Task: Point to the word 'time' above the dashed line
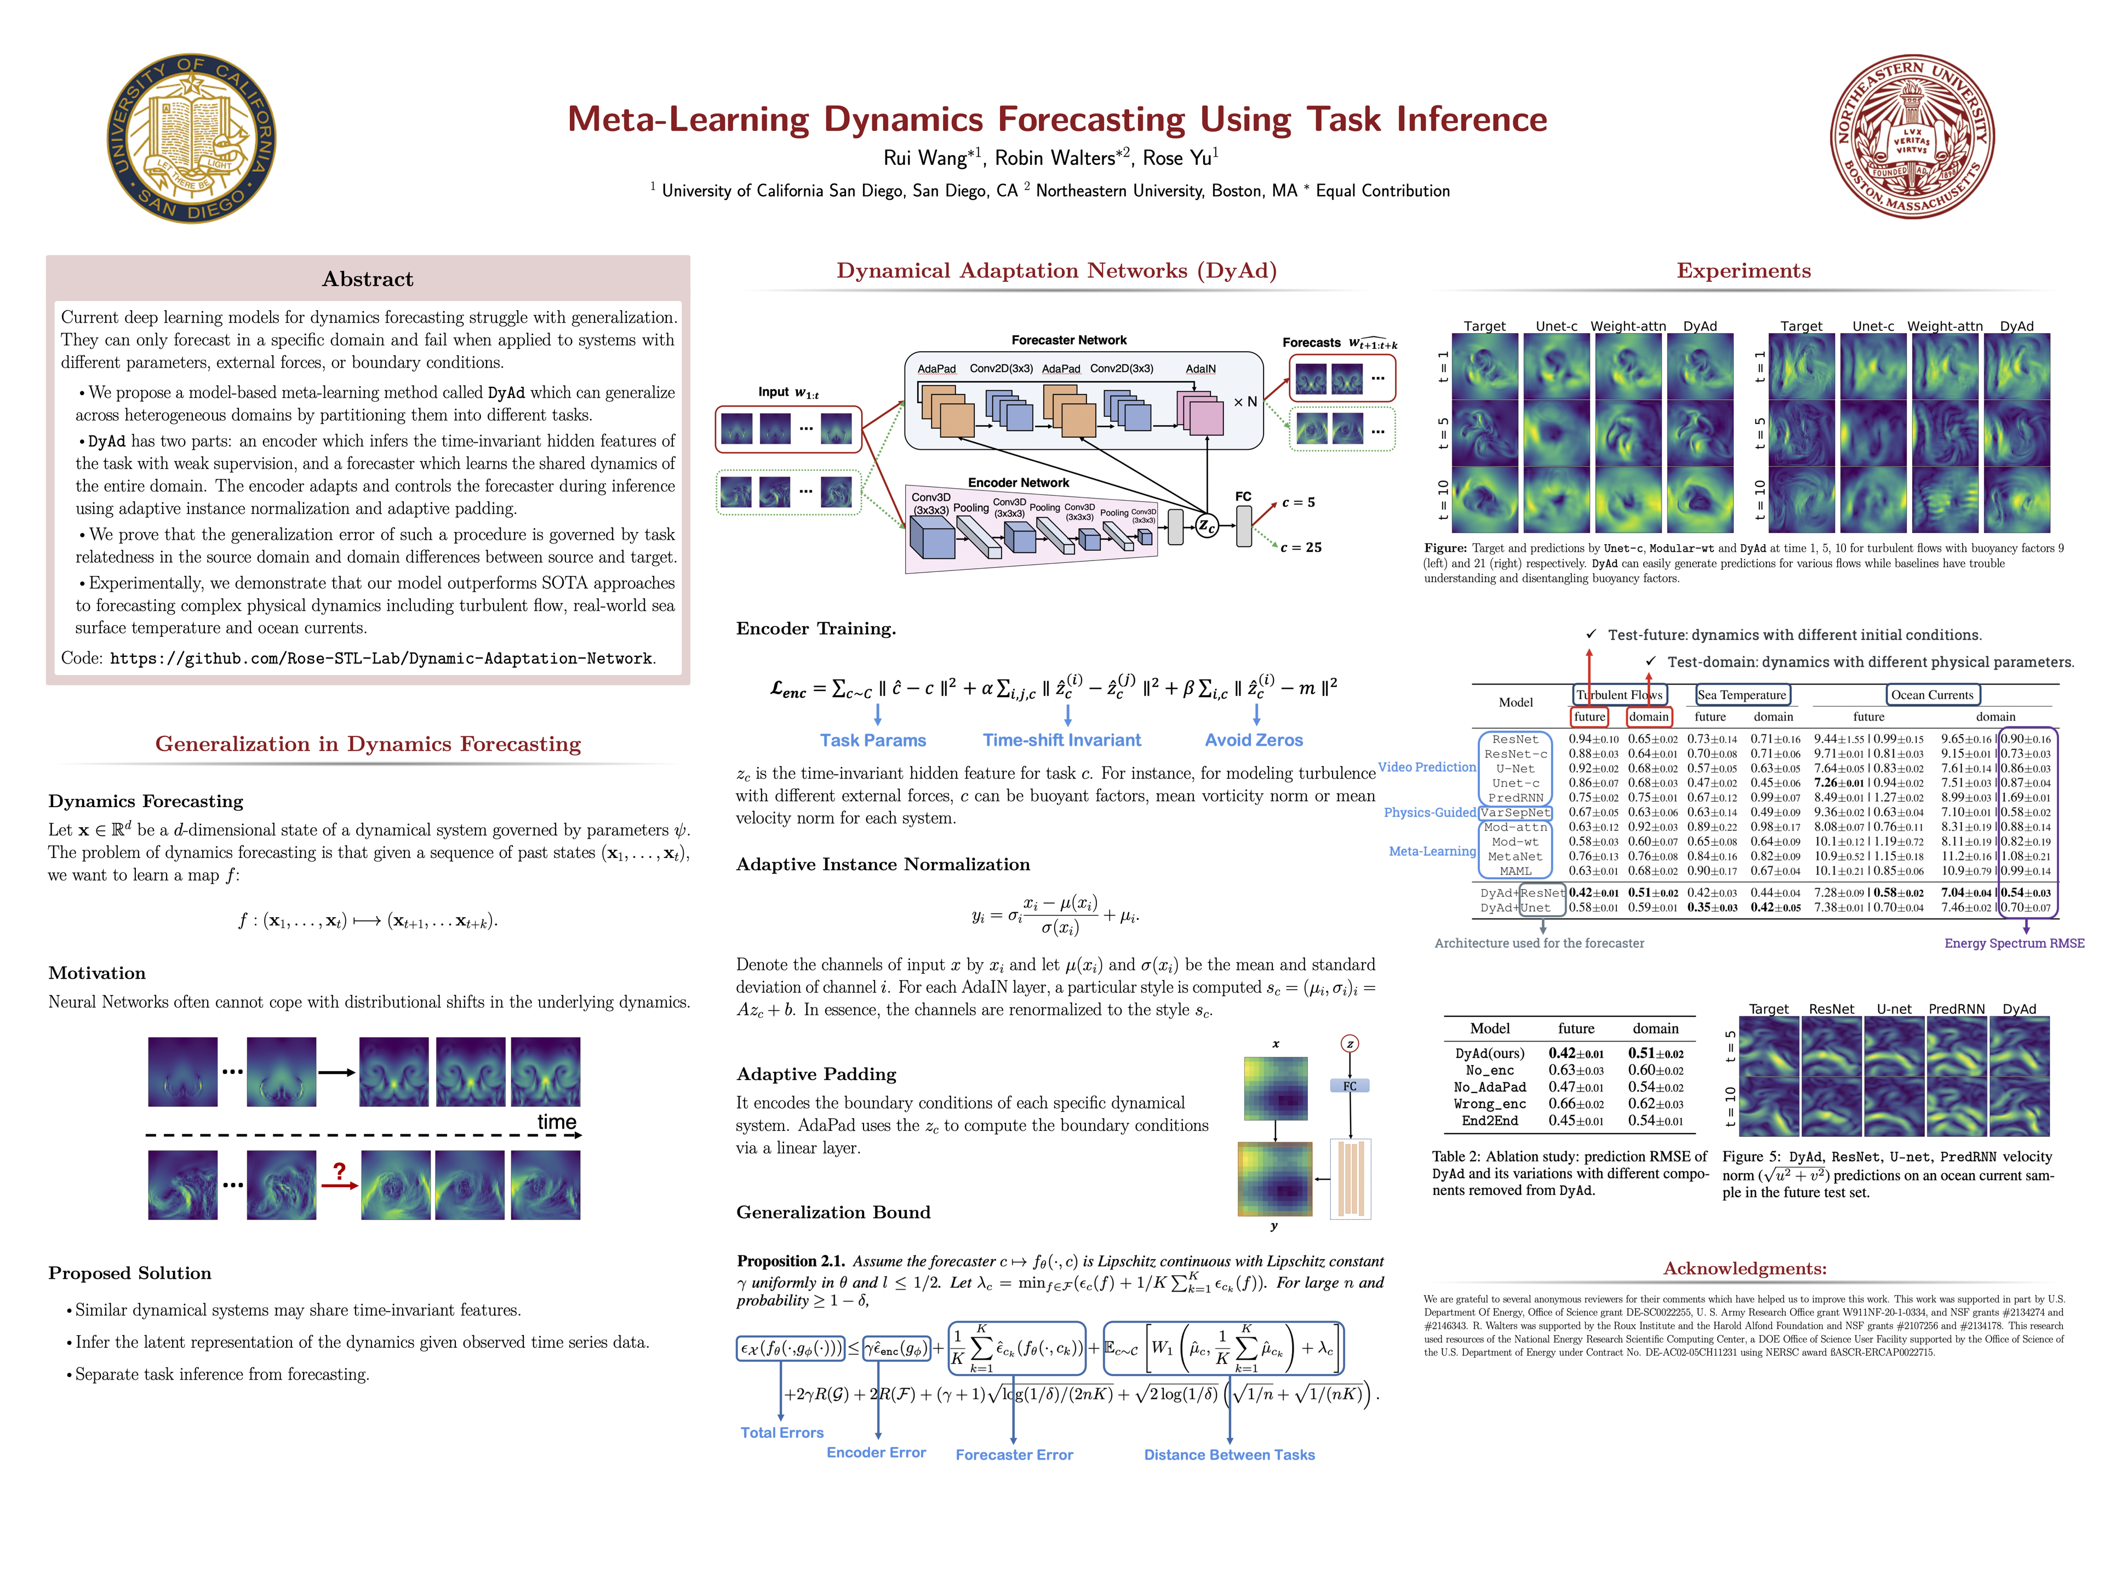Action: (557, 1122)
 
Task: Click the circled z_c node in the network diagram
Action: (1206, 525)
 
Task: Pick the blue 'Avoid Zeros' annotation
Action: (1254, 740)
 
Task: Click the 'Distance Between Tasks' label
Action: (1229, 1454)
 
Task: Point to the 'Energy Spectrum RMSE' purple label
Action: (2014, 944)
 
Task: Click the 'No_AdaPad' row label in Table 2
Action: (1490, 1087)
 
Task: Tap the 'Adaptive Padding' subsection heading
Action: (816, 1074)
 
